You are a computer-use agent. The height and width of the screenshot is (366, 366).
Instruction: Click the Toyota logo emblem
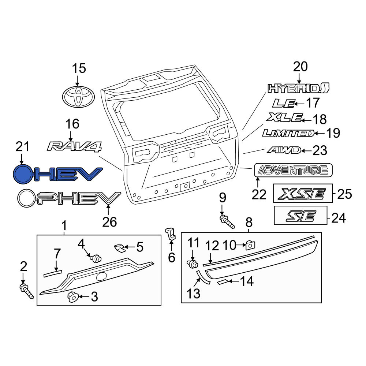78,97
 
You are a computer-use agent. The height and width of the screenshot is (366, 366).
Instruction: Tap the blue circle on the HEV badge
22,174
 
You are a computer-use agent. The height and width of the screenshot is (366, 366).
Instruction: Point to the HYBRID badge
298,88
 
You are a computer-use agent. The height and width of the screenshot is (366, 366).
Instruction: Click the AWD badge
284,150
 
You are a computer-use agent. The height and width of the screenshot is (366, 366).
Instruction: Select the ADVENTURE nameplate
293,170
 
